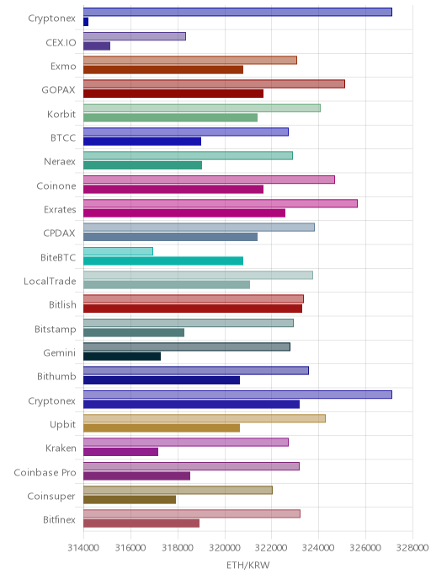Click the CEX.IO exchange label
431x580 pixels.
click(x=61, y=42)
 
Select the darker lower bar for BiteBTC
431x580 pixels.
click(x=163, y=260)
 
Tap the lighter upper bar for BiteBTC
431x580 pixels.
click(x=118, y=251)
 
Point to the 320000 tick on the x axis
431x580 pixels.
click(x=225, y=547)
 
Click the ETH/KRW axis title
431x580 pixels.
click(x=248, y=565)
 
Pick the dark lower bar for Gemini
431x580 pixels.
click(x=122, y=357)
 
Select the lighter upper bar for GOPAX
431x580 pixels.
click(x=214, y=84)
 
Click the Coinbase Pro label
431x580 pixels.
click(x=45, y=472)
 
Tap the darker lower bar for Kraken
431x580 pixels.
click(x=120, y=452)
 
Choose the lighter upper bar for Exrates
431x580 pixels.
click(x=221, y=203)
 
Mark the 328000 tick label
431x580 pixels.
click(x=412, y=547)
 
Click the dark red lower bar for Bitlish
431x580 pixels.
click(x=193, y=309)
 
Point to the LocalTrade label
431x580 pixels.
click(x=50, y=281)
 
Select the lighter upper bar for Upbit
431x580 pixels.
click(x=205, y=418)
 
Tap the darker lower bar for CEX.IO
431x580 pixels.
click(x=97, y=46)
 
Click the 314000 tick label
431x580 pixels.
click(x=83, y=547)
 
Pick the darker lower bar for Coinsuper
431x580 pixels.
click(x=130, y=499)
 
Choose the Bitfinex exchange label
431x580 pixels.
click(x=59, y=519)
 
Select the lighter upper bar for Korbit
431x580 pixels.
click(x=202, y=108)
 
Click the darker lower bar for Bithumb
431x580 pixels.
click(x=162, y=380)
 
